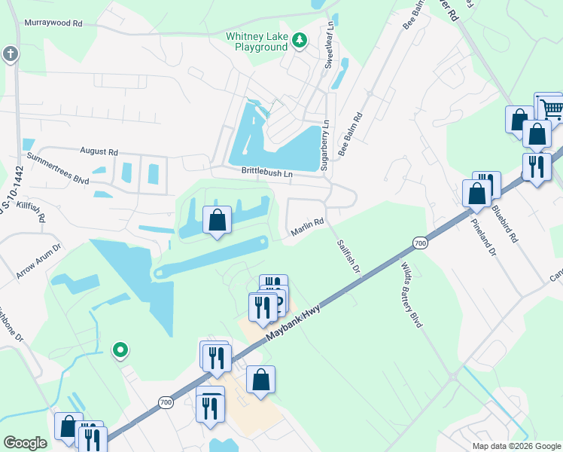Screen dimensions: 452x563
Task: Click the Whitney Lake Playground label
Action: [257, 41]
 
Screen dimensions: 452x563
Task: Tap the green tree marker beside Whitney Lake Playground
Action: [300, 40]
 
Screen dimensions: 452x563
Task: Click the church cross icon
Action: [10, 53]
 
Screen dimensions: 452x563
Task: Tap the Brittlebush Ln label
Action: [266, 173]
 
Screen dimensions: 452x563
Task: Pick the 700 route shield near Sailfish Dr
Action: [420, 242]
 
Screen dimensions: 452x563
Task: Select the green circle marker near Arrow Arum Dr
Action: [120, 350]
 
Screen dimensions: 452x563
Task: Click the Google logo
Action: [25, 443]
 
